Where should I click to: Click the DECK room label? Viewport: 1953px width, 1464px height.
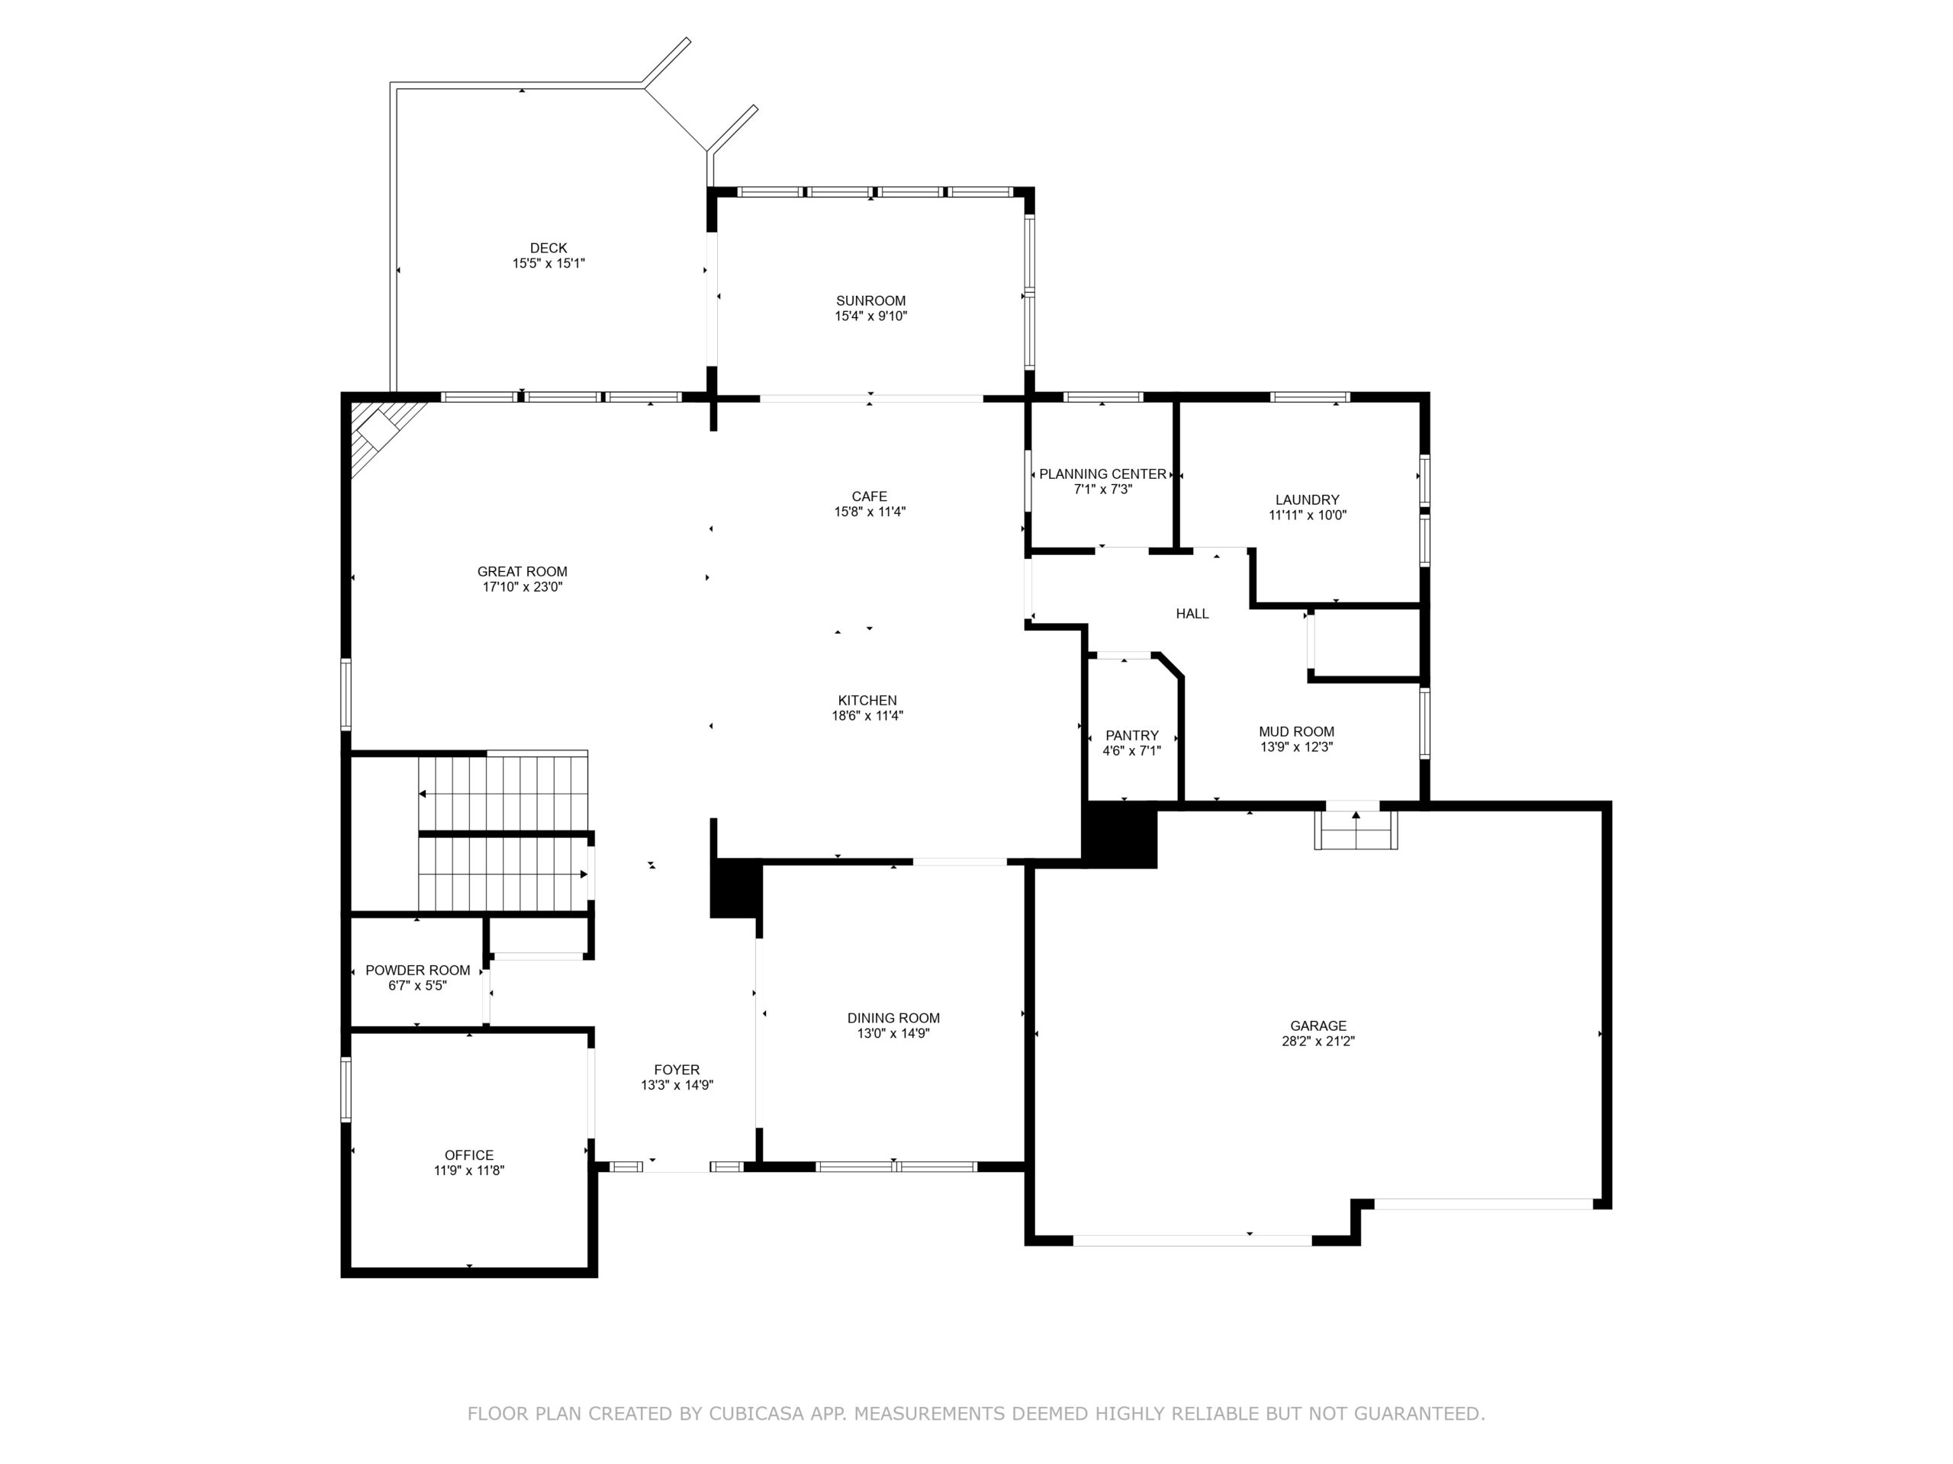[x=549, y=248]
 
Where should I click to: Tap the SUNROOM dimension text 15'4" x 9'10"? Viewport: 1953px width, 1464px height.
[x=870, y=316]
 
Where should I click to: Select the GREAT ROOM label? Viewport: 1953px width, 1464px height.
[x=523, y=572]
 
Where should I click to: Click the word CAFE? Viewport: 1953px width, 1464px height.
[x=870, y=497]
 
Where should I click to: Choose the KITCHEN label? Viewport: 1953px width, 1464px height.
[x=868, y=701]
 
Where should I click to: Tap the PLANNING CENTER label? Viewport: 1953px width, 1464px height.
[x=1102, y=474]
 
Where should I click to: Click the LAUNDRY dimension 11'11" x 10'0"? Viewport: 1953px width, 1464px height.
[x=1308, y=515]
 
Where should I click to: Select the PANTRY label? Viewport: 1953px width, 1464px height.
[x=1132, y=736]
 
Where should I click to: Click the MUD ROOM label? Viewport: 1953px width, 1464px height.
[x=1296, y=731]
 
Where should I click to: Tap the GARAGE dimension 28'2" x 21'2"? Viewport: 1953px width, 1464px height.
[x=1318, y=1042]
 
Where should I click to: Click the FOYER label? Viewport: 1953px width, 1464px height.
[x=677, y=1071]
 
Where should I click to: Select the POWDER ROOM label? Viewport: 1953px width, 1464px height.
[x=417, y=971]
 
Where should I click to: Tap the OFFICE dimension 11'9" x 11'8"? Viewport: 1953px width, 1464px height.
[x=469, y=1171]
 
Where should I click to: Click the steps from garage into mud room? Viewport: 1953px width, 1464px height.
[x=1355, y=830]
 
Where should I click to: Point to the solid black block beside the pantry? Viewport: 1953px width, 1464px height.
[x=1119, y=835]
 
